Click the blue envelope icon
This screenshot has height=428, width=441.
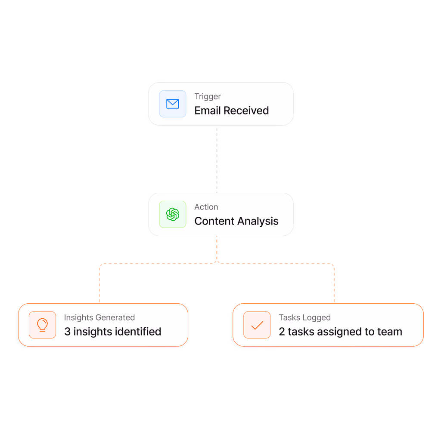tap(172, 104)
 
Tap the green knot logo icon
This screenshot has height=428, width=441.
tap(172, 214)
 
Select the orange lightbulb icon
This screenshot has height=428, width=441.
tap(43, 325)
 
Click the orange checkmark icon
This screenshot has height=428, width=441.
tap(257, 325)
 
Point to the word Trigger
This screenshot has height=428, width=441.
tap(208, 97)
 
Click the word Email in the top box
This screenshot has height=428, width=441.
tap(208, 111)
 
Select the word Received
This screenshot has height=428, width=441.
tap(246, 111)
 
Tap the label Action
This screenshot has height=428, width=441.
tap(206, 207)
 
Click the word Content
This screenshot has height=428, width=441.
tap(214, 221)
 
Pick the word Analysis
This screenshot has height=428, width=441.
tap(258, 221)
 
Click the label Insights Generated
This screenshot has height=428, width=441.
tap(99, 317)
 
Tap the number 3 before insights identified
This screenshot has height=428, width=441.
tap(67, 332)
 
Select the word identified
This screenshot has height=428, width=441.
tap(138, 332)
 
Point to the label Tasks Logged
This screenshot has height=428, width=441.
tap(304, 317)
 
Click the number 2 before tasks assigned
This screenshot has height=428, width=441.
tap(282, 332)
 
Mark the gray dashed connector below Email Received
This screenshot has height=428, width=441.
tap(217, 159)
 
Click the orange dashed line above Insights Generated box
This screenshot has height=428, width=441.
tap(99, 283)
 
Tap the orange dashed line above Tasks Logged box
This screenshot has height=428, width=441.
tap(334, 283)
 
